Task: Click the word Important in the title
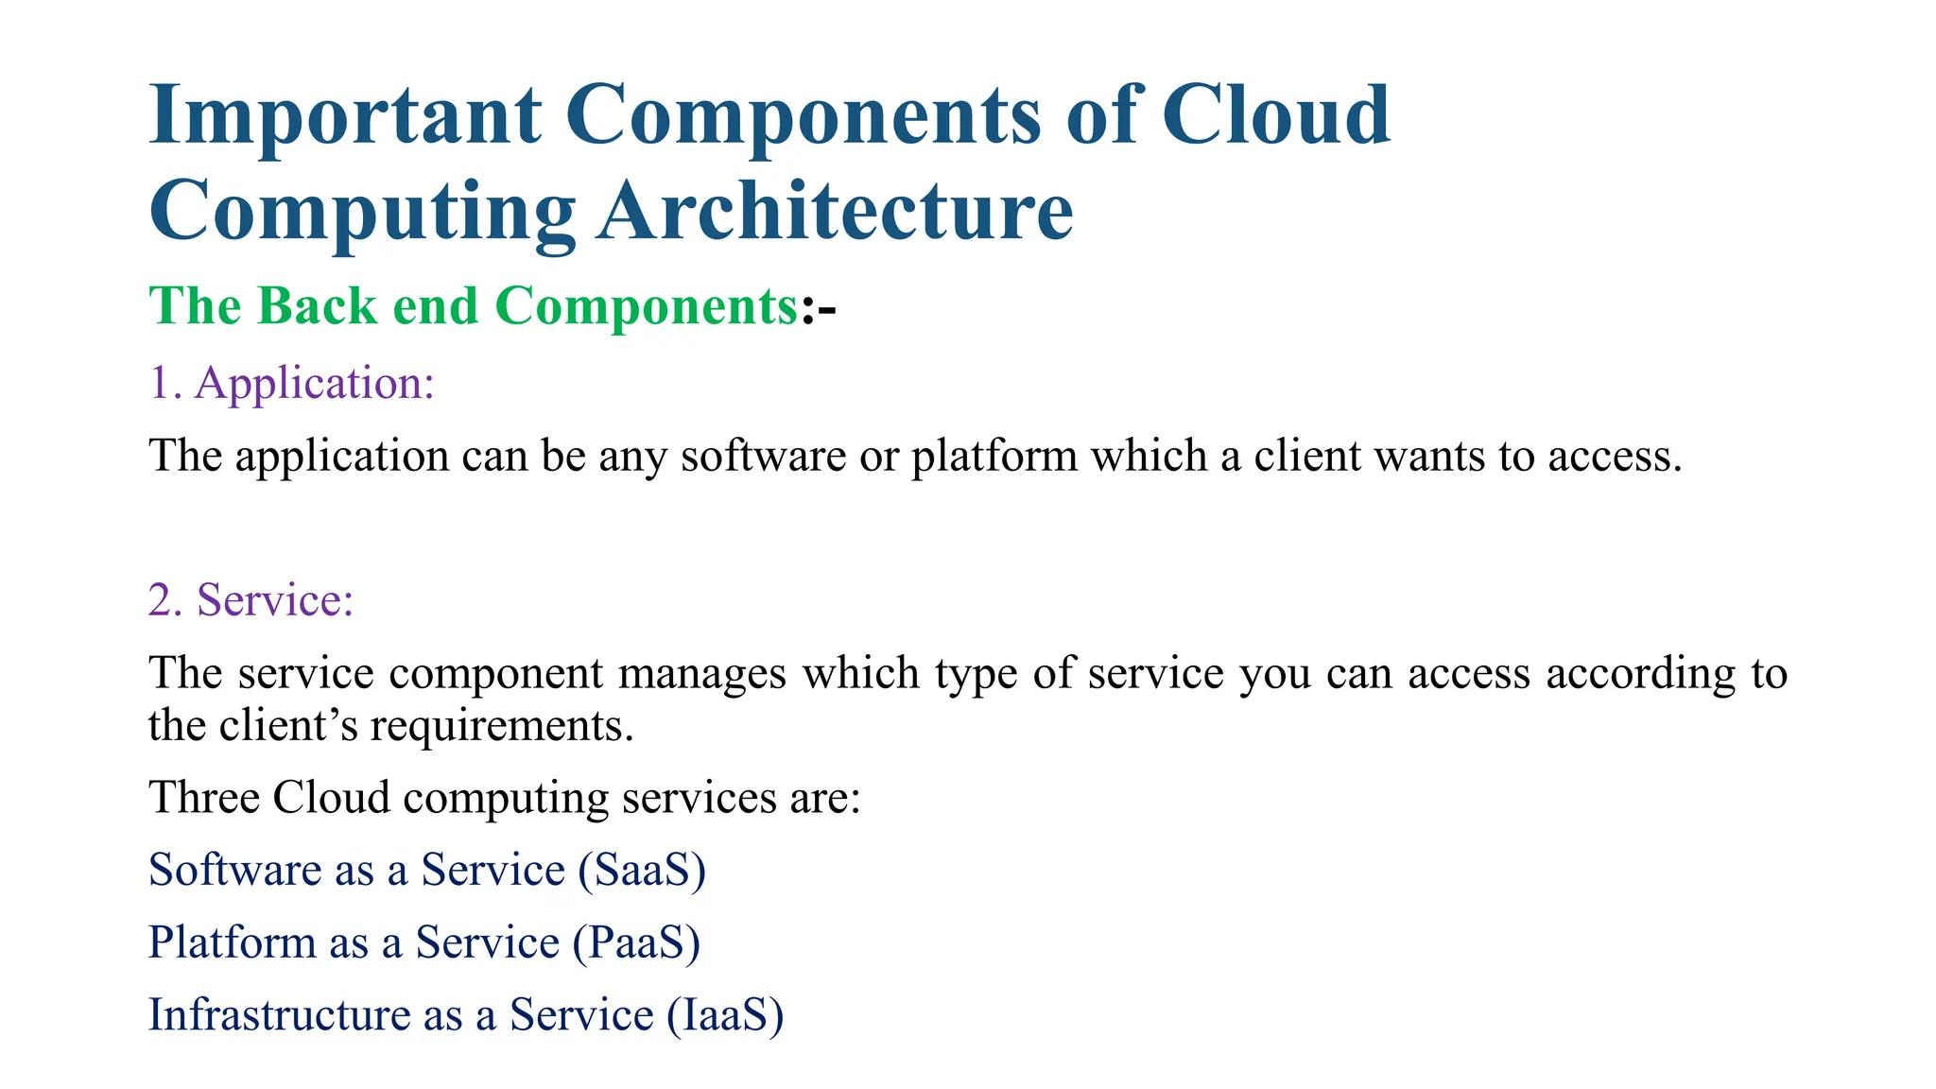click(x=345, y=115)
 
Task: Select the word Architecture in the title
click(x=836, y=212)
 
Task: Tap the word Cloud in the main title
click(x=1275, y=115)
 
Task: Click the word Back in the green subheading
click(x=317, y=306)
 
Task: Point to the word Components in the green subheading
click(x=647, y=306)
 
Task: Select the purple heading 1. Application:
click(x=291, y=383)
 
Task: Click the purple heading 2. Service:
click(x=251, y=599)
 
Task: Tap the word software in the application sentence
click(x=763, y=456)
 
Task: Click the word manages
click(x=701, y=673)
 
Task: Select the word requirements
click(x=501, y=726)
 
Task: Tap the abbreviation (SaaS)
click(x=642, y=870)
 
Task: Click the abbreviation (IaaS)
click(x=725, y=1015)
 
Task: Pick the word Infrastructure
click(x=279, y=1015)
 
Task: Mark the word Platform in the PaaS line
click(x=232, y=942)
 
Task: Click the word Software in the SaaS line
click(x=234, y=870)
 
